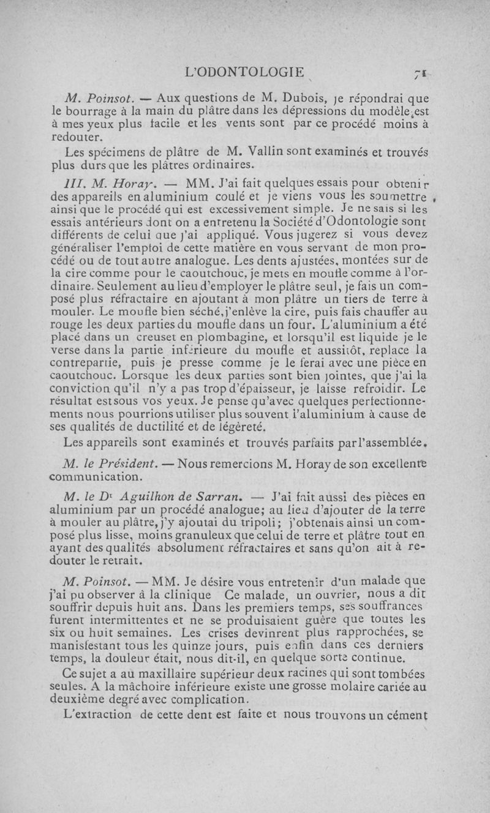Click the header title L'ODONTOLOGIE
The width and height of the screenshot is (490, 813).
point(244,73)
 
